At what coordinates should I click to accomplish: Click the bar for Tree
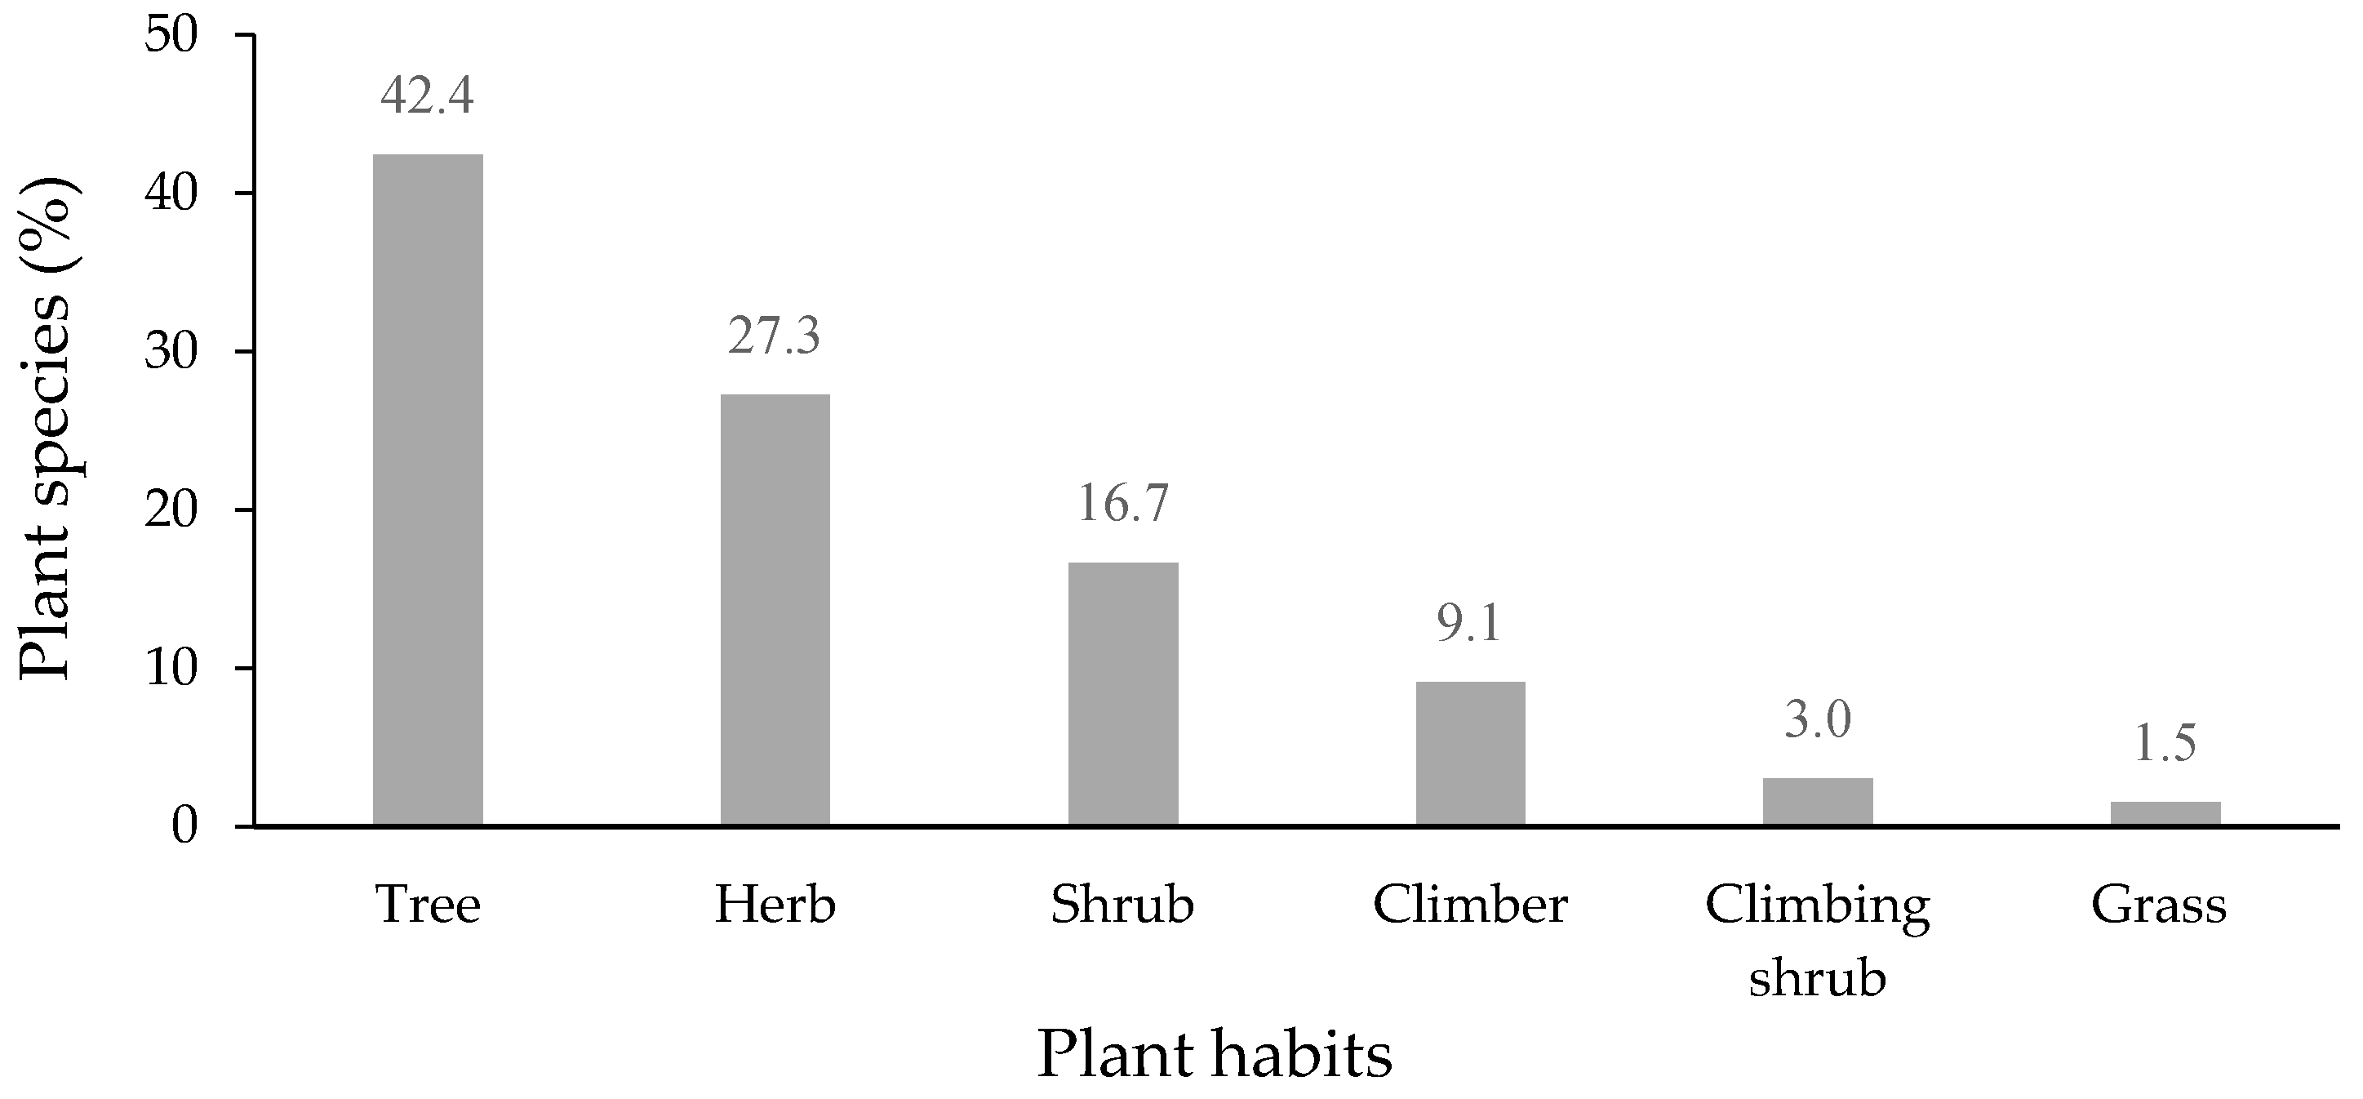428,490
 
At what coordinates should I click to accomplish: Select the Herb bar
775,610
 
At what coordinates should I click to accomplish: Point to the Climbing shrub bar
1818,802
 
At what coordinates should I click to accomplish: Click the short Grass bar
2165,814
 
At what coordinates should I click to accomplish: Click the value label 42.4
428,96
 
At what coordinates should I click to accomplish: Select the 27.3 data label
775,336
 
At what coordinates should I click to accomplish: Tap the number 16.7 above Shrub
1123,504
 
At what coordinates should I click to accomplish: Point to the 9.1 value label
1471,624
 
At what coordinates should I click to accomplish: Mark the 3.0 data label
1818,720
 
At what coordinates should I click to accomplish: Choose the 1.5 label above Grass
2165,744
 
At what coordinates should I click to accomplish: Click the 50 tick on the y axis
171,37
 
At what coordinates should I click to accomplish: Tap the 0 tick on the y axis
184,827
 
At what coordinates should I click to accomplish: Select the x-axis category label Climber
1471,905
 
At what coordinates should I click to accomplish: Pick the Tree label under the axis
429,905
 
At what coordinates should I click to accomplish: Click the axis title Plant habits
1215,1055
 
